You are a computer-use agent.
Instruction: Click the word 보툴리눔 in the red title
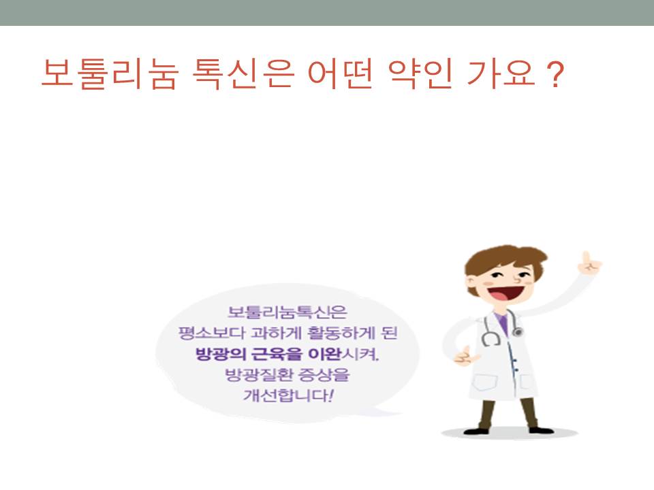[x=110, y=74]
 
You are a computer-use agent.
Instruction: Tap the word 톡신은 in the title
[x=243, y=74]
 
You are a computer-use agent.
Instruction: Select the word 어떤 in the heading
[x=340, y=74]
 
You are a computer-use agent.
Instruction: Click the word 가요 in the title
[x=501, y=74]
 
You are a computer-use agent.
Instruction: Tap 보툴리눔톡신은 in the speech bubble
[x=287, y=312]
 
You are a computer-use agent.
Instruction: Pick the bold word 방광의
[x=220, y=354]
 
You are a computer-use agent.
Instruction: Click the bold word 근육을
[x=276, y=354]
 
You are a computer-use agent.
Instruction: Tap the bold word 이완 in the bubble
[x=324, y=354]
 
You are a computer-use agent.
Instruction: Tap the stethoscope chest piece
[x=518, y=331]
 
